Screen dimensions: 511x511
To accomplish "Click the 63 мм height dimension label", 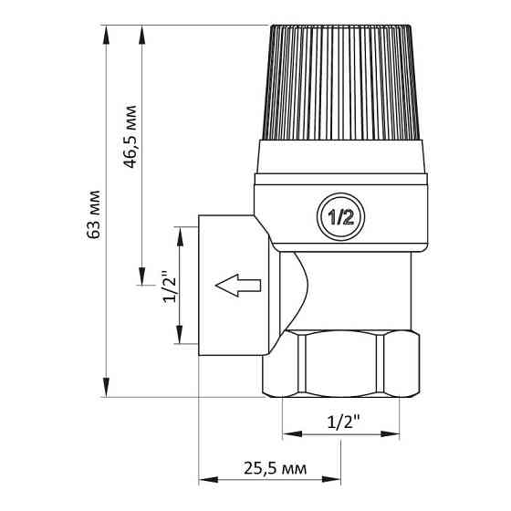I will point(93,216).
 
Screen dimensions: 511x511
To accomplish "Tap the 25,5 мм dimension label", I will point(271,468).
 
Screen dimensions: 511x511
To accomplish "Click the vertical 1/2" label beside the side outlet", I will point(167,288).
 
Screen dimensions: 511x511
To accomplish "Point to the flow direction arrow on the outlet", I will point(239,286).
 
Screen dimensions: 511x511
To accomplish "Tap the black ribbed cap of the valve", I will point(342,82).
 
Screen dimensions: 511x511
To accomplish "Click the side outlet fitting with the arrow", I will point(234,286).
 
